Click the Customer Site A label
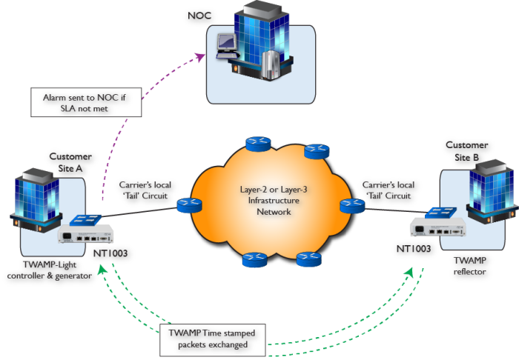pyautogui.click(x=70, y=162)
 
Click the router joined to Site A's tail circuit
pyautogui.click(x=188, y=206)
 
